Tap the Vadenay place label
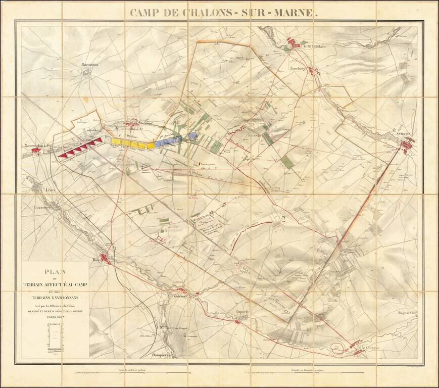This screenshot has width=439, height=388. coord(180,297)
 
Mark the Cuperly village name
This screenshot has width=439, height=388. coord(243,312)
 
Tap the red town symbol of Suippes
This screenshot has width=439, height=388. coord(406,145)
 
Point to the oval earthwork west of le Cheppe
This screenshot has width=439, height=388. coord(336,346)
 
